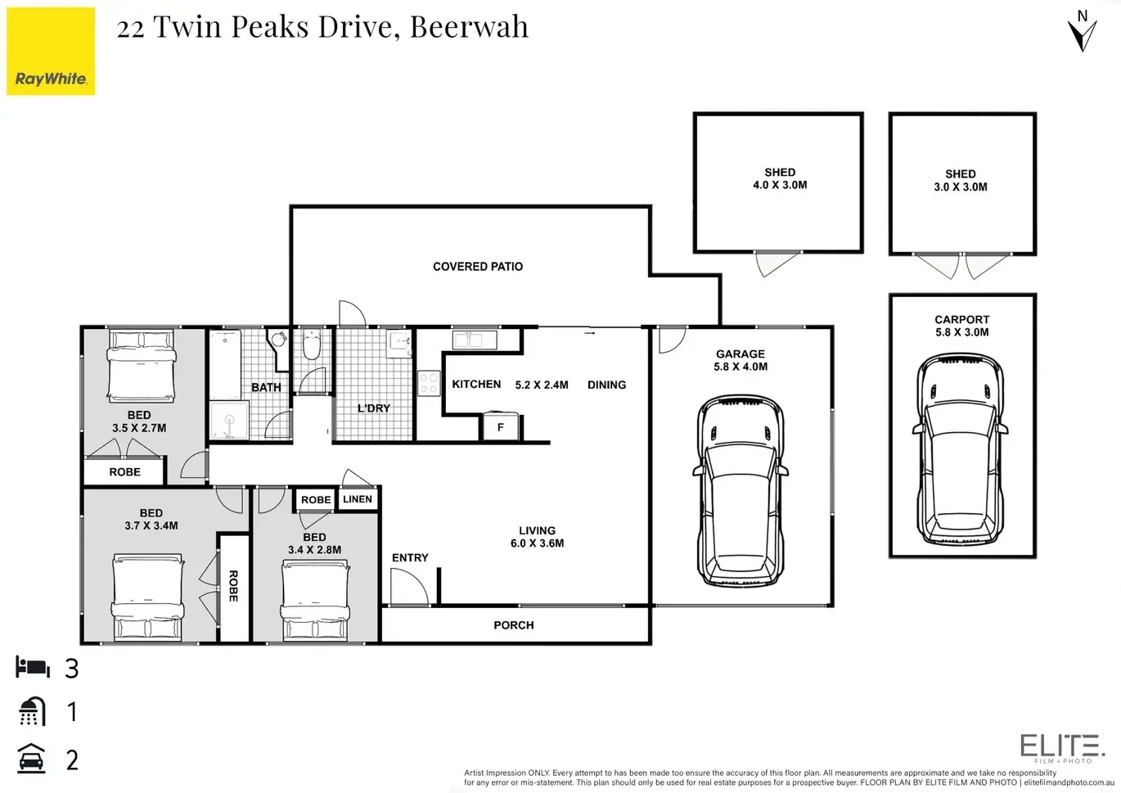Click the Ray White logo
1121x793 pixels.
point(51,51)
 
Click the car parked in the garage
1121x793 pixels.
point(741,491)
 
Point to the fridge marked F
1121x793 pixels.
point(500,426)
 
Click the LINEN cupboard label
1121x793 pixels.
point(358,499)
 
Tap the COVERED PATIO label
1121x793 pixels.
point(478,266)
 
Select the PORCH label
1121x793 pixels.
point(514,624)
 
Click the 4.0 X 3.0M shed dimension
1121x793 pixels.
point(780,185)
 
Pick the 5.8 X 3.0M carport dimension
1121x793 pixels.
point(962,332)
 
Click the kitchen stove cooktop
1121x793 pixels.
point(429,384)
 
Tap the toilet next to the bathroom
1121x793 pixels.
point(312,344)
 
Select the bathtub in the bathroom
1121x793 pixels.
point(225,364)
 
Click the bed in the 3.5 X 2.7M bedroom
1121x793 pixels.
point(141,366)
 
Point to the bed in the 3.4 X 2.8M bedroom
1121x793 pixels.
point(315,600)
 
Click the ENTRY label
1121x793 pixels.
point(410,557)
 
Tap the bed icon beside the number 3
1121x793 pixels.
point(33,667)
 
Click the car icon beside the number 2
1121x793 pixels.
point(32,759)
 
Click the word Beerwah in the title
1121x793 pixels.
point(469,26)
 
